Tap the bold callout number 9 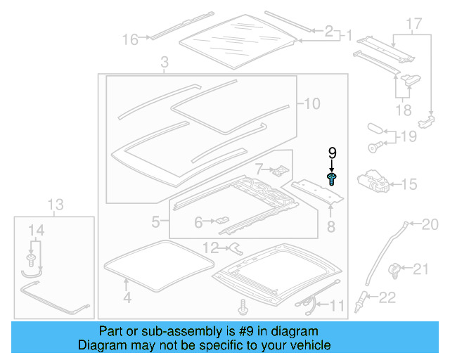pos(333,153)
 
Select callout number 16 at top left pos(130,40)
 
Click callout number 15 pos(409,185)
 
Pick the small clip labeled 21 pos(395,268)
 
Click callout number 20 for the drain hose pos(430,225)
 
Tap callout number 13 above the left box pos(56,205)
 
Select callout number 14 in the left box pos(35,229)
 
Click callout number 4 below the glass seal pos(127,297)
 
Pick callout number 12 pos(210,247)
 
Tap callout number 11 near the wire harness pos(337,305)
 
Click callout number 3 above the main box pos(164,64)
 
